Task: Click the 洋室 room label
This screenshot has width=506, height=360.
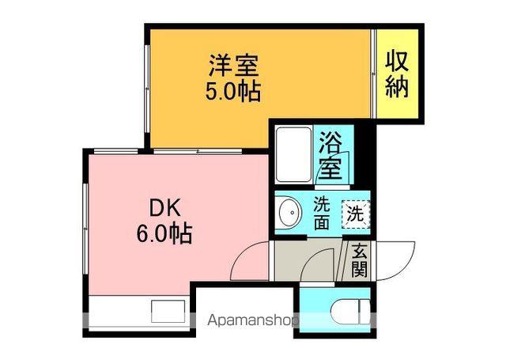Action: pos(234,66)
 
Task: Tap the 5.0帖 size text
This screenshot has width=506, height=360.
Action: pos(233,91)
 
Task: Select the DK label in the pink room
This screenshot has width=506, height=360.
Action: pos(164,208)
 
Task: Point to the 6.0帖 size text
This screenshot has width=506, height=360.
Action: pos(164,233)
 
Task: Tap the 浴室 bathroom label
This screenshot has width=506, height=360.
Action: pos(330,156)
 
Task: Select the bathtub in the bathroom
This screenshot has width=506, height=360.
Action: pos(293,154)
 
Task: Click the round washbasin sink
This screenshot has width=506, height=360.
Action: pos(290,213)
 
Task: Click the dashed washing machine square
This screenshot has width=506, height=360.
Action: pos(356,214)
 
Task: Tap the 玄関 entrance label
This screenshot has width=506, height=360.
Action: pos(360,260)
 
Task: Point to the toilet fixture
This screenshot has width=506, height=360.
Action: pos(350,312)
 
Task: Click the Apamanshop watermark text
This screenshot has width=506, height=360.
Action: pos(253,320)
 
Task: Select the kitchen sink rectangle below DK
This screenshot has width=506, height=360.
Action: pos(168,311)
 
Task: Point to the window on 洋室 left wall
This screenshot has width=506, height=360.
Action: pos(147,89)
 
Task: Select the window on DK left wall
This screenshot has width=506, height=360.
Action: pos(85,229)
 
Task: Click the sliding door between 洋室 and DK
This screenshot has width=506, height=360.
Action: pos(198,151)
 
